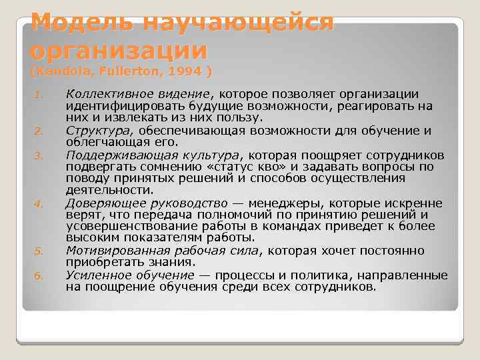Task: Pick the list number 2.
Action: (39, 130)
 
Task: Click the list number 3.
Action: (39, 155)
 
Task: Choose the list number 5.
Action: (39, 251)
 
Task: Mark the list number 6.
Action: (39, 275)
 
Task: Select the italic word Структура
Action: (93, 130)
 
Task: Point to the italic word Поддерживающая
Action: (112, 154)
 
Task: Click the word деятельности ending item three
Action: (107, 190)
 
